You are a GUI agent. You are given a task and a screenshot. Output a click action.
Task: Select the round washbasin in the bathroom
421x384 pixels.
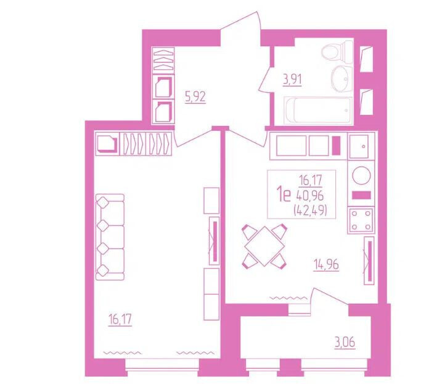click(x=341, y=79)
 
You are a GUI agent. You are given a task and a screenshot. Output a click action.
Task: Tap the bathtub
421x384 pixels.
click(x=318, y=111)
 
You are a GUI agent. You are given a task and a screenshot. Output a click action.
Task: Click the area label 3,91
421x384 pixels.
click(x=292, y=80)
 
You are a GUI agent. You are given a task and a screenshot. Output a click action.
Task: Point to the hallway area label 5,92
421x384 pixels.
click(x=195, y=97)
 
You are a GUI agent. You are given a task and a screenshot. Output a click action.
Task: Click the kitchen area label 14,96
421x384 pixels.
click(x=326, y=265)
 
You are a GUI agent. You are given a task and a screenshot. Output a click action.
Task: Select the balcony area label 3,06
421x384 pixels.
click(x=345, y=343)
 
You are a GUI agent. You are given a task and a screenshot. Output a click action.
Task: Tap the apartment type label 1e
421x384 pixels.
click(x=284, y=195)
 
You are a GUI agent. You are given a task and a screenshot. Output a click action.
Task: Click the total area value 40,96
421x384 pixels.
click(x=310, y=196)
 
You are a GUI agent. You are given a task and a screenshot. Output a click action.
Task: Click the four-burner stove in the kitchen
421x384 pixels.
click(x=361, y=220)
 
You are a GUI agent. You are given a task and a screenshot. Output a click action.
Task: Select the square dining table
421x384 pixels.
click(x=265, y=246)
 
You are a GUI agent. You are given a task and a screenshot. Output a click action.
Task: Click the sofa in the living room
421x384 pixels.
click(x=110, y=237)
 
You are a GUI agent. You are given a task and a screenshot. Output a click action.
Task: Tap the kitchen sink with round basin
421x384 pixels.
click(x=361, y=175)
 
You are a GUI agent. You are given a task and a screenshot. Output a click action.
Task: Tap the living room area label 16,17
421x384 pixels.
click(x=120, y=320)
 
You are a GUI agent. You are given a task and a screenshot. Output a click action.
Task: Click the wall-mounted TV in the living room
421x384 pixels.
click(x=215, y=241)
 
